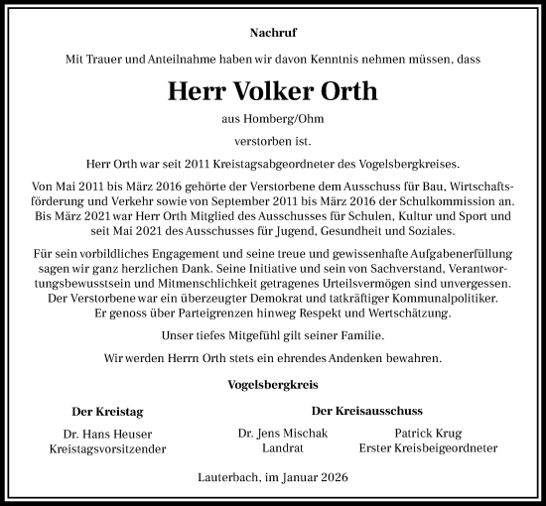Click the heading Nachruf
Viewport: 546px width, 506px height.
[x=272, y=34]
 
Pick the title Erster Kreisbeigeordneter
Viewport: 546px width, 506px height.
[x=428, y=448]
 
